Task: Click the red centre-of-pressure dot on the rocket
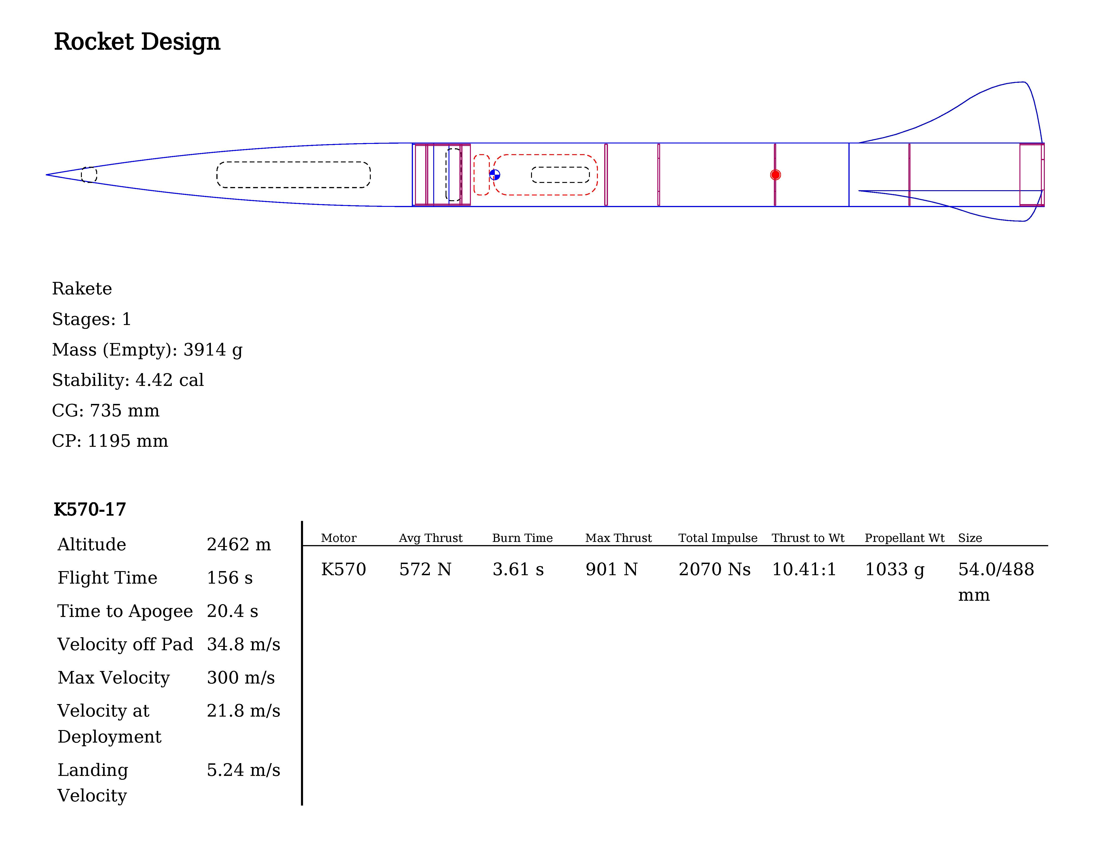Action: pos(775,174)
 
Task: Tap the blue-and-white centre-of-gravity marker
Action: pos(495,174)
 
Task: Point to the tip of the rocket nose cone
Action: pos(46,174)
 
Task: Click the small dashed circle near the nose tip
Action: pos(89,174)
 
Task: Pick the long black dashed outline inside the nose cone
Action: pos(294,174)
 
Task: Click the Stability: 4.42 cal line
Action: pos(128,380)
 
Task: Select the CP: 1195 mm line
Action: pos(110,441)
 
